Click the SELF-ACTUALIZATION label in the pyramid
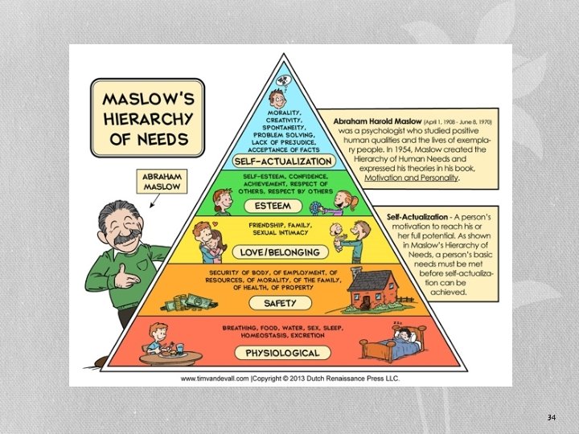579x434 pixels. click(x=284, y=162)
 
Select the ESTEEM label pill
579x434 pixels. click(x=273, y=206)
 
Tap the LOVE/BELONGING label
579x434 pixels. click(x=280, y=252)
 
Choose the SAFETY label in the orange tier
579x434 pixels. click(x=280, y=303)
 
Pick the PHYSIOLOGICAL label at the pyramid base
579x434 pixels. click(x=282, y=353)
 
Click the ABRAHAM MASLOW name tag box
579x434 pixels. click(x=162, y=181)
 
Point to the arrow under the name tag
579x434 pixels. click(x=154, y=201)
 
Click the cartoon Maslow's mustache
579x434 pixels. click(x=127, y=238)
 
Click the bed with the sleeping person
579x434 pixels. click(x=392, y=343)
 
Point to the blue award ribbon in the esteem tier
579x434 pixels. click(x=315, y=208)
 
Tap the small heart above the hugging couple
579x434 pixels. click(x=216, y=223)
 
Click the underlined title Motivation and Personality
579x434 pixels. click(x=411, y=178)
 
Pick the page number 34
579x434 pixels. click(x=552, y=417)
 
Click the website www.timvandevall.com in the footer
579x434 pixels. click(x=215, y=379)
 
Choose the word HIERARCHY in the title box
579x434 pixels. click(x=148, y=119)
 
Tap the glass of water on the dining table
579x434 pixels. click(x=180, y=349)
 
